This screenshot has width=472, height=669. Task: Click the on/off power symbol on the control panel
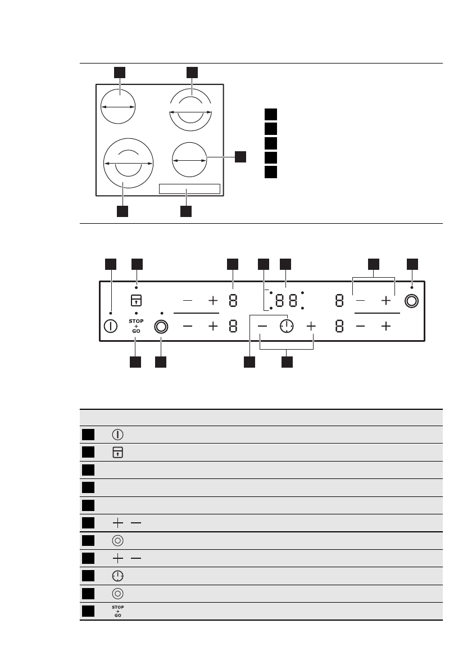(110, 327)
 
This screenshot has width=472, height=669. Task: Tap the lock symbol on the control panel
(136, 300)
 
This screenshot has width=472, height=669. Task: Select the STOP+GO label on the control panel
(136, 327)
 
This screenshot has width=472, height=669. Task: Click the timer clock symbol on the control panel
(287, 326)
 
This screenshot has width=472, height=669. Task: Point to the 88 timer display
(287, 301)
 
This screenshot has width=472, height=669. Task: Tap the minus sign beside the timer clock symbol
(262, 326)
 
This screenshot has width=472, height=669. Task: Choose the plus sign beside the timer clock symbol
(312, 326)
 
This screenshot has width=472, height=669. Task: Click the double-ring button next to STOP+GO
(162, 327)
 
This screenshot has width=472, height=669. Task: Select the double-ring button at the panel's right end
(411, 301)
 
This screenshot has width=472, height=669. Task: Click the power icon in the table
(118, 435)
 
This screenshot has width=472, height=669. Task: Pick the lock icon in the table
(118, 452)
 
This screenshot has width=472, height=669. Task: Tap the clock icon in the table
(118, 576)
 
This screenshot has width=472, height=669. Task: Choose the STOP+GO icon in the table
(118, 612)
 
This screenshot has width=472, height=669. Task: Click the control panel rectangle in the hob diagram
(189, 188)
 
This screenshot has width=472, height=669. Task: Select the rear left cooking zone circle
(118, 106)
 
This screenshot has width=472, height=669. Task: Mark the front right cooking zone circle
(189, 160)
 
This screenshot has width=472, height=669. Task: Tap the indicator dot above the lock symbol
(136, 287)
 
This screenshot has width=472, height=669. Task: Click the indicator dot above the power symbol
(110, 313)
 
